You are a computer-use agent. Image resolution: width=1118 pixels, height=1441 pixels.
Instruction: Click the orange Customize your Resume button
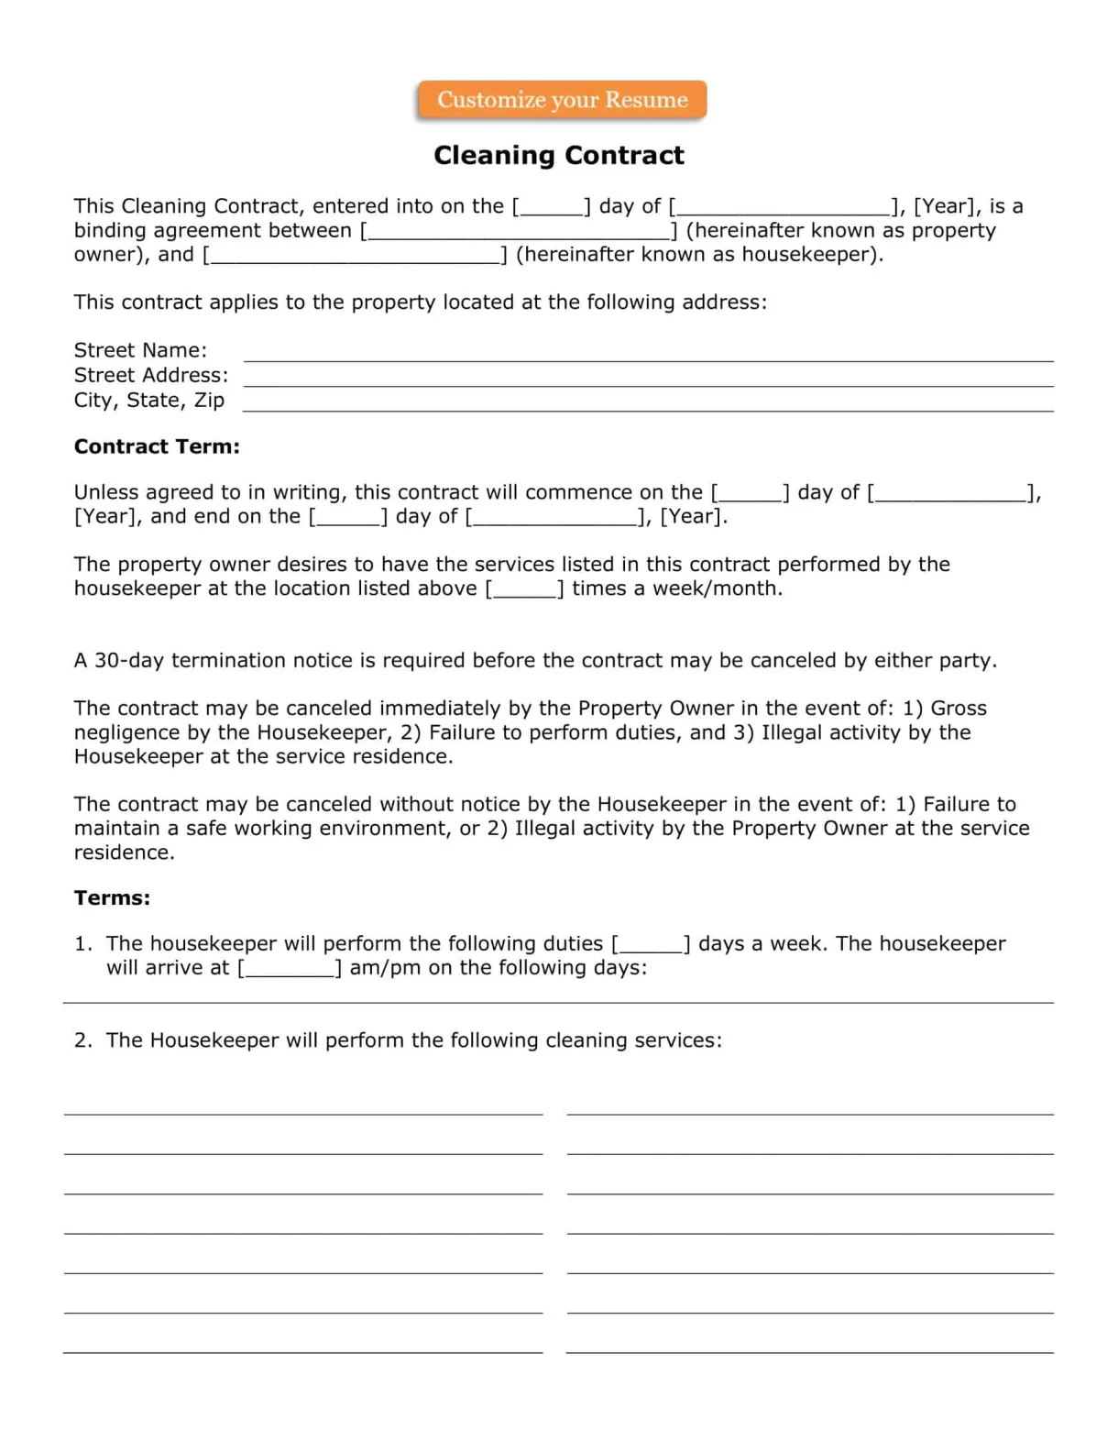tap(562, 100)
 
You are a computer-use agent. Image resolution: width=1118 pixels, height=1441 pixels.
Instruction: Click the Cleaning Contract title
tap(558, 155)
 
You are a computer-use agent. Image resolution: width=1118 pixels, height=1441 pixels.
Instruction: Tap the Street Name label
tap(140, 350)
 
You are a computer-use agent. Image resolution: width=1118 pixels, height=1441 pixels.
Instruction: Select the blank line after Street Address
tap(648, 385)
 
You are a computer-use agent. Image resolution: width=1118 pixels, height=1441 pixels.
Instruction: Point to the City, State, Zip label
tap(149, 400)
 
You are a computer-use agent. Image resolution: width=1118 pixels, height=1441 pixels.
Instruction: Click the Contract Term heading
tap(157, 446)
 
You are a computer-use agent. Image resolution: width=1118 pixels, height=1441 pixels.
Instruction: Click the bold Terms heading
tap(112, 897)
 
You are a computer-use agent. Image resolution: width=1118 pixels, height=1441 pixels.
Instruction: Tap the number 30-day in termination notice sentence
tap(128, 660)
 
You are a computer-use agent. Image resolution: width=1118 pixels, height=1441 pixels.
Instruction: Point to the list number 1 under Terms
tap(82, 943)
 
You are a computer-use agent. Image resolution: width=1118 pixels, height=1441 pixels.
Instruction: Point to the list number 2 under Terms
tap(82, 1040)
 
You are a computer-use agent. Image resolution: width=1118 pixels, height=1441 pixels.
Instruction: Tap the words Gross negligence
tap(958, 709)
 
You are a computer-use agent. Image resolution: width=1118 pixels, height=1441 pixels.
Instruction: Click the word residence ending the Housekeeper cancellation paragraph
tap(124, 852)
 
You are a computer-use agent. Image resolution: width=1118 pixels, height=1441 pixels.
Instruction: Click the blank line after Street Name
tap(648, 360)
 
